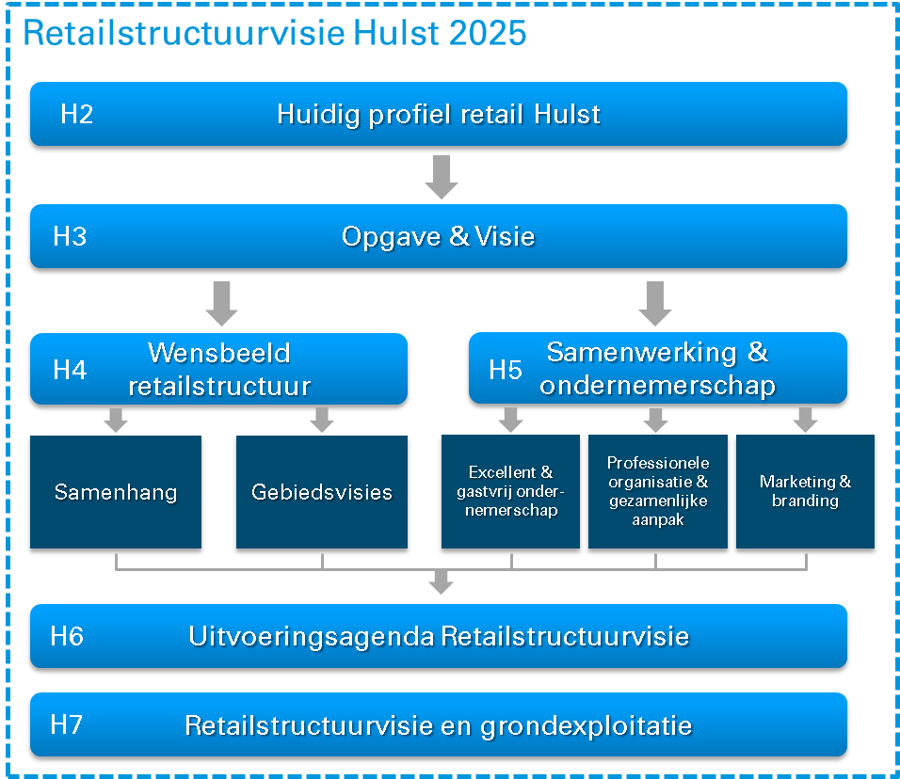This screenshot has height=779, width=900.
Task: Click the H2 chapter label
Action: point(77,114)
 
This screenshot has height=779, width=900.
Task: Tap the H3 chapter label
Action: point(70,236)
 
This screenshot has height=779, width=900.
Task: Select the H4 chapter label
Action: point(70,370)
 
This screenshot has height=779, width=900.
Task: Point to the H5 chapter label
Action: point(506,370)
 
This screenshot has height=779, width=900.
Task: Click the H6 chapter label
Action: point(67,636)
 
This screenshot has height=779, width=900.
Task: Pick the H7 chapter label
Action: point(66,724)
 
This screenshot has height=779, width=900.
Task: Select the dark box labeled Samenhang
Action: point(116,492)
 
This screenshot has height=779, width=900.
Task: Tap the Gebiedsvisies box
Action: point(322,492)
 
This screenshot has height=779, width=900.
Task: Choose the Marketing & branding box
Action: point(805,492)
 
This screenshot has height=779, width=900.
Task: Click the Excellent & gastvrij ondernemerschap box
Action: point(511,492)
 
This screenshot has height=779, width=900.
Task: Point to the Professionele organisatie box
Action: point(658,492)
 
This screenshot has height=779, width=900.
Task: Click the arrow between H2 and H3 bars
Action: point(442,177)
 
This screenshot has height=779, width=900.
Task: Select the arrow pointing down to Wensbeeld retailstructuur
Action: point(221,304)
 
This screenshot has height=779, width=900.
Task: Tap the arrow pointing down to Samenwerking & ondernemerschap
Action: point(655,304)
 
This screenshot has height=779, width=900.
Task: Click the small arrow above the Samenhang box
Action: point(116,420)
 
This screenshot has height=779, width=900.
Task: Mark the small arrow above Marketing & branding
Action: point(805,420)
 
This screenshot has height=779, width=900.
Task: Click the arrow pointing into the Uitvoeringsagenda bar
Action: point(442,582)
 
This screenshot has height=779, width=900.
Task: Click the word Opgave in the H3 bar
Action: point(391,237)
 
